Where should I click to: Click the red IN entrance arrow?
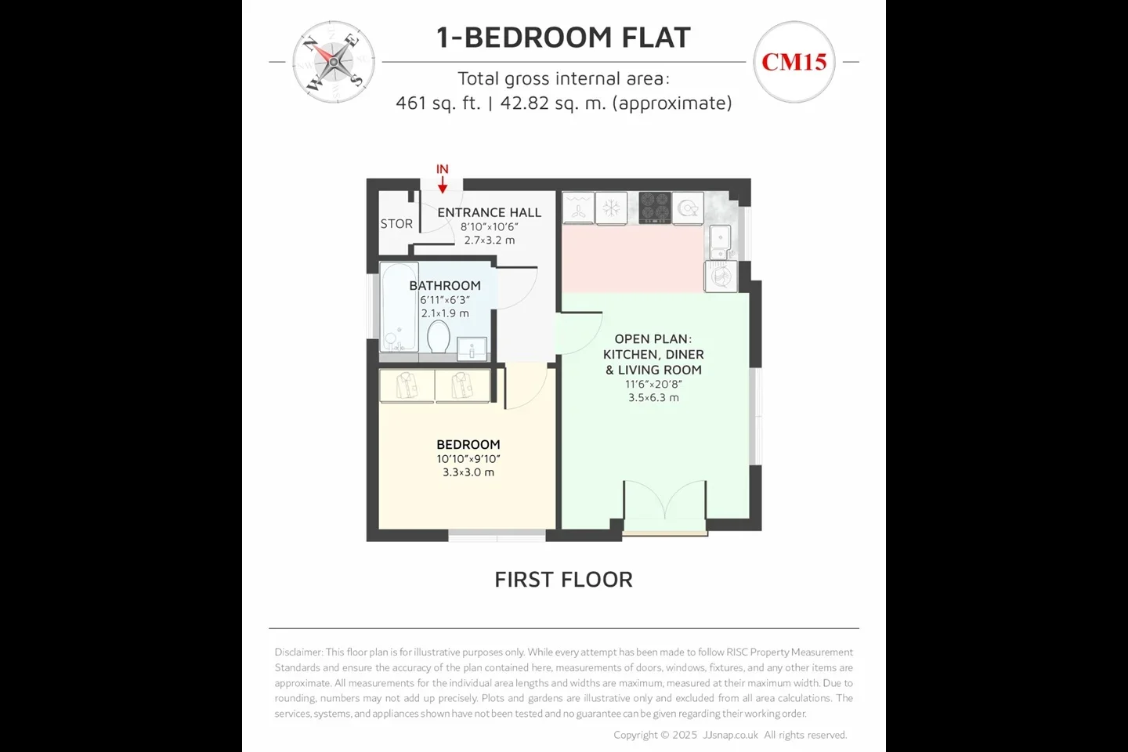point(442,185)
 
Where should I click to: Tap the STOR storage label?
point(396,223)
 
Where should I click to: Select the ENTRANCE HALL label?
point(489,212)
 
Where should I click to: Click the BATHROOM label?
point(445,286)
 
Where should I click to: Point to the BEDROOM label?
point(468,444)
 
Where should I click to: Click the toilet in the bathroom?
point(438,337)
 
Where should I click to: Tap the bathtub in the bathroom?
point(399,307)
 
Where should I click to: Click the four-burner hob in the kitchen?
point(655,208)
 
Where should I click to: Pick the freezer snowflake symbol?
point(611,208)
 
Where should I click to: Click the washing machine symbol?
point(721,276)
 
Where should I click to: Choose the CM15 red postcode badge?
point(794,62)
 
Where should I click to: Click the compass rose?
point(334,62)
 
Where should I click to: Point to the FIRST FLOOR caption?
point(563,579)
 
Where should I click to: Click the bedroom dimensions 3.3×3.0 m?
point(468,472)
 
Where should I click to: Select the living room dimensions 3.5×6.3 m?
point(653,397)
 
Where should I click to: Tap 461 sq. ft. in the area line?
point(438,103)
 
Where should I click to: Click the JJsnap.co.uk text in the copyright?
point(731,735)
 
